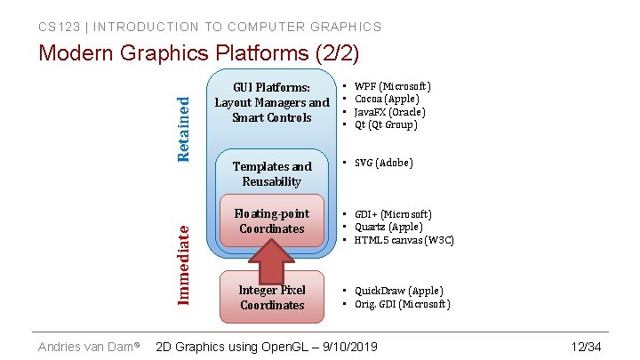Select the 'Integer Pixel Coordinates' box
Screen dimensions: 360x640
[x=272, y=298]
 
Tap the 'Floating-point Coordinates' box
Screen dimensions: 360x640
[x=272, y=221]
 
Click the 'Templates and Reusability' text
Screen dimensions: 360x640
[x=272, y=173]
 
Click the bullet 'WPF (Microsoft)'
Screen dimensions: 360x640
[x=392, y=86]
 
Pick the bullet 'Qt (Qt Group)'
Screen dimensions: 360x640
[x=386, y=124]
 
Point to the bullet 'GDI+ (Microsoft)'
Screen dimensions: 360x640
[x=393, y=214]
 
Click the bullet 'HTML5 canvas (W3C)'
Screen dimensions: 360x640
[x=404, y=239]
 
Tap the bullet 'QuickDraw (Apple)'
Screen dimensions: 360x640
[x=398, y=291]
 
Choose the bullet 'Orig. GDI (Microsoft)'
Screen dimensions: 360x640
[x=402, y=304]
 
